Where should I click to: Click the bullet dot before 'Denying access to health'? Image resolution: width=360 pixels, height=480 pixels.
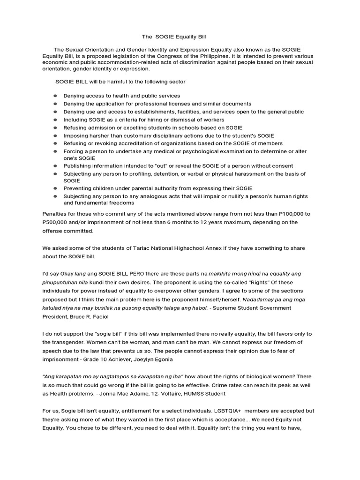pos(55,96)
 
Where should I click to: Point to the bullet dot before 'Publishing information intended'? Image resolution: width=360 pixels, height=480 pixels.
pos(55,166)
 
